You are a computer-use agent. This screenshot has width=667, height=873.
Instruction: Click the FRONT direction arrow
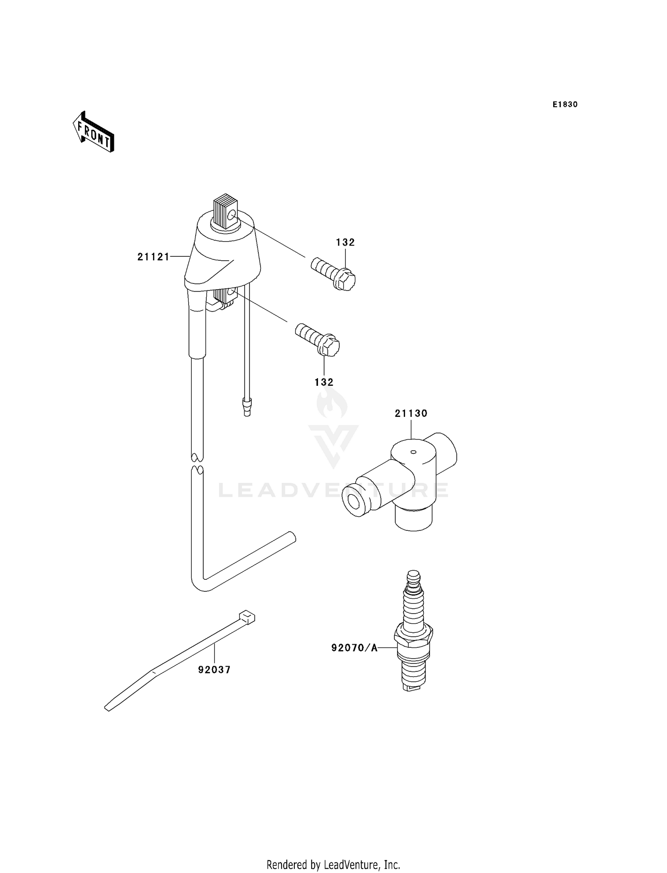pos(94,132)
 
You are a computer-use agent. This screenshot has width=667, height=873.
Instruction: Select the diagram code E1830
pos(565,105)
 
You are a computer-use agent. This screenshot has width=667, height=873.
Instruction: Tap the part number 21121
pos(153,257)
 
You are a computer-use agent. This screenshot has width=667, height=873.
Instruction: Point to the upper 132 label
pos(345,242)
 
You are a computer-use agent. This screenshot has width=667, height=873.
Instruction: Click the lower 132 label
pos(324,382)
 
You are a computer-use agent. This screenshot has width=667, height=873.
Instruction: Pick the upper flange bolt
pos(333,273)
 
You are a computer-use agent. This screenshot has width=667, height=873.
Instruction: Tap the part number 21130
pos(411,413)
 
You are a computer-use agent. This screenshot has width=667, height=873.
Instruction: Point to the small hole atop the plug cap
pos(413,452)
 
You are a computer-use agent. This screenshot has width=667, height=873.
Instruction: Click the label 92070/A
pos(354,648)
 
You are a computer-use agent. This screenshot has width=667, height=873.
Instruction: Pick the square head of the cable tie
pos(247,617)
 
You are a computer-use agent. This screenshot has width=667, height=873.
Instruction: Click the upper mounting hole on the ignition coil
pos(232,216)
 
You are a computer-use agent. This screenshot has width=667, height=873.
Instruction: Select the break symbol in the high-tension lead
pos(197,463)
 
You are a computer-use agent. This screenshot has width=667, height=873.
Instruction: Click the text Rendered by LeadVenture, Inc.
pos(333,865)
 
